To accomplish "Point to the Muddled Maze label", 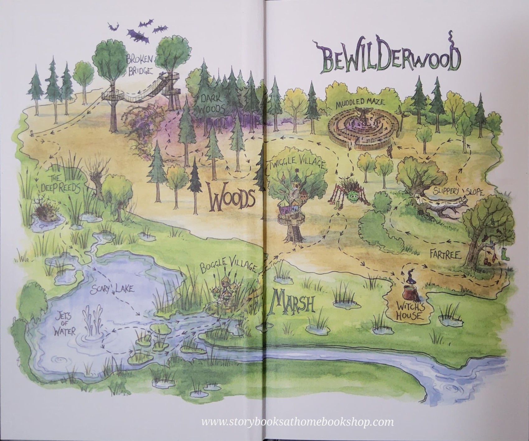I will [360, 102].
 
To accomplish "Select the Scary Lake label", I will [113, 290].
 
